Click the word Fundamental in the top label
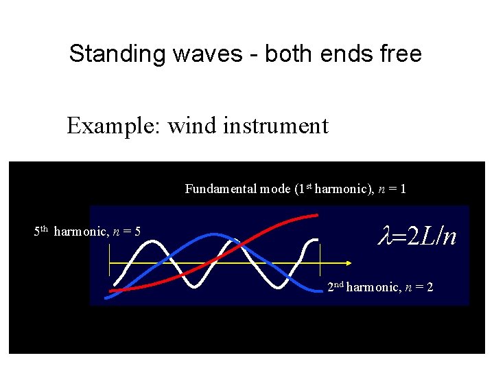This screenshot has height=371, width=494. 221,188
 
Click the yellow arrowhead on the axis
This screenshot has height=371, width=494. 349,263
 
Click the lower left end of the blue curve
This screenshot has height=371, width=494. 107,297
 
